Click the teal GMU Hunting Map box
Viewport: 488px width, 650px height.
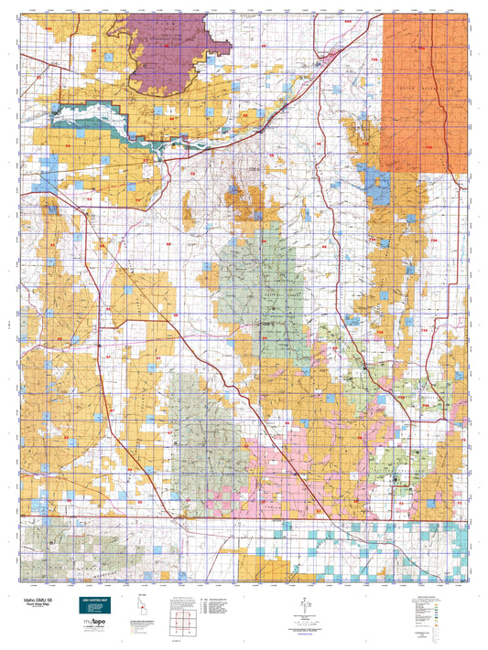(x=92, y=596)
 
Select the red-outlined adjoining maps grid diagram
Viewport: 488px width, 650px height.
(x=182, y=625)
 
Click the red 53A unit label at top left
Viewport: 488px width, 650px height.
(x=48, y=30)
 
